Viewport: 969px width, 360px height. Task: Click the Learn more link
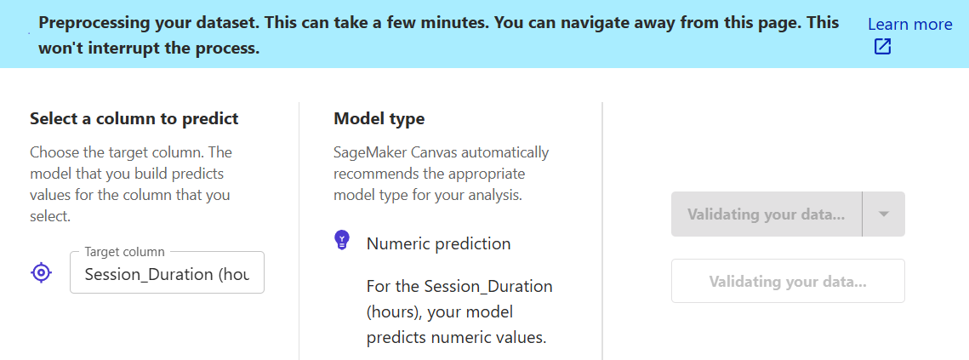click(909, 24)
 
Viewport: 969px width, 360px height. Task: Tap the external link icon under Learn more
click(882, 47)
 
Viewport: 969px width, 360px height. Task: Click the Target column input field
click(167, 273)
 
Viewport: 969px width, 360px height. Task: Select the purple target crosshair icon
click(42, 272)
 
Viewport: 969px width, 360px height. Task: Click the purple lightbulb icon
click(342, 239)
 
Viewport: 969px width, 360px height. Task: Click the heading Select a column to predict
click(134, 119)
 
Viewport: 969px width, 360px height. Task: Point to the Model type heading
click(379, 119)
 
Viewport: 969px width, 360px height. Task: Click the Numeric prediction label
click(438, 243)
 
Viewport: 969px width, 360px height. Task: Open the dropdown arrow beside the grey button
click(884, 214)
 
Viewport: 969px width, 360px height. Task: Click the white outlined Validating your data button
click(788, 282)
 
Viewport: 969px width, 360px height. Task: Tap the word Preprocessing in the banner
click(87, 23)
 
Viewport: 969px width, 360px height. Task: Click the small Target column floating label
click(125, 252)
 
